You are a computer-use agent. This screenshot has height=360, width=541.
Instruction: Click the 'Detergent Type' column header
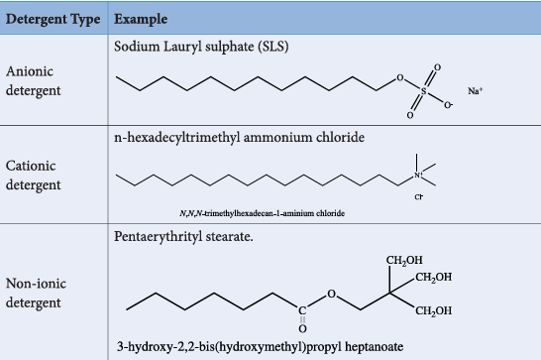(x=53, y=19)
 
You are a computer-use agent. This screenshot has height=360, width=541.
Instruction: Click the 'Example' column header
(x=141, y=20)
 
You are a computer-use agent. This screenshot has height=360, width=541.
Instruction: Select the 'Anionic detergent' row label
(x=34, y=81)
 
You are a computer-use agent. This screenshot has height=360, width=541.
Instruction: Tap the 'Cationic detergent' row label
(x=34, y=176)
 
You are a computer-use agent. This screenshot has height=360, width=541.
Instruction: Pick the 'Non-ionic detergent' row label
(x=36, y=293)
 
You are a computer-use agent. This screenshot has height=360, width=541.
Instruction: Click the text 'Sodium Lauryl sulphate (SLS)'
(x=201, y=47)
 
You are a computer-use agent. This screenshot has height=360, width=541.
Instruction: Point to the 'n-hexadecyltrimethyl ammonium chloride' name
(x=239, y=138)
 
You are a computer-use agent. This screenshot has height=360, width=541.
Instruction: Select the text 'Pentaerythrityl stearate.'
(x=183, y=237)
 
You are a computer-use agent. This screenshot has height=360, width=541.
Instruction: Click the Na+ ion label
(x=475, y=91)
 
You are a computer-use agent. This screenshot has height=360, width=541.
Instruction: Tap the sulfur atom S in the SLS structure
(x=424, y=91)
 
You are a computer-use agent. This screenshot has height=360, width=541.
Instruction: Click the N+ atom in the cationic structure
(x=418, y=176)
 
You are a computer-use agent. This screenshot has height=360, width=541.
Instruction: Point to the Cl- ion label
(x=418, y=196)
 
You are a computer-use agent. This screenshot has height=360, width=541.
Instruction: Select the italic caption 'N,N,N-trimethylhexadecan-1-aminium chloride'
(x=262, y=213)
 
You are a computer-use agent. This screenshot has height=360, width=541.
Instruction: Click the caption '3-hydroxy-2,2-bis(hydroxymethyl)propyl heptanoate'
(x=261, y=346)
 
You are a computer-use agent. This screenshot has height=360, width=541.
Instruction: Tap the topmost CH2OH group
(x=404, y=260)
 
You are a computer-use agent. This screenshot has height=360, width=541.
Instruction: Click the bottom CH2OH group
(x=434, y=311)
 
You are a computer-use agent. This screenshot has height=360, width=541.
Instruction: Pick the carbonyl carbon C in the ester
(x=302, y=310)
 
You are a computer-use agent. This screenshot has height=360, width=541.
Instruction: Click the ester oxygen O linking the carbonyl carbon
(x=331, y=294)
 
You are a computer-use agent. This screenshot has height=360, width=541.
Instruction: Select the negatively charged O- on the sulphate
(x=448, y=105)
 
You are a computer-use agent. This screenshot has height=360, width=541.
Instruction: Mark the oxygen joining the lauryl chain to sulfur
(x=400, y=77)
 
